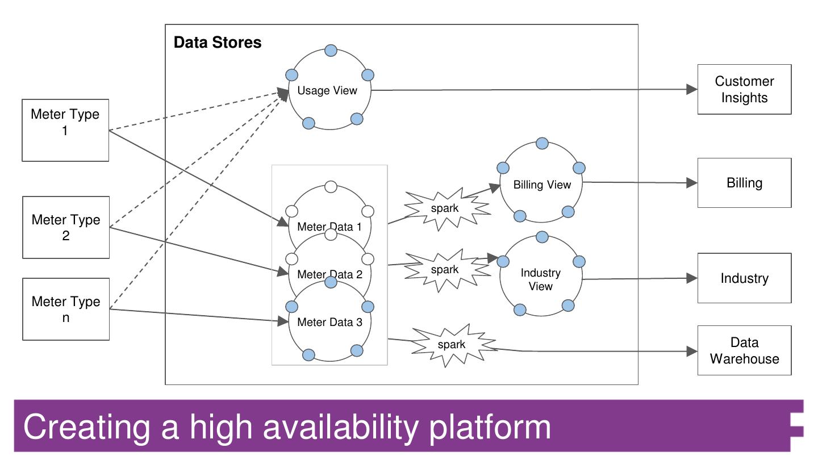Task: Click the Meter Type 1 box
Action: [65, 130]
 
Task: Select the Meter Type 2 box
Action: [66, 227]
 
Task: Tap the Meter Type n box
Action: [66, 309]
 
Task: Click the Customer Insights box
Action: [744, 90]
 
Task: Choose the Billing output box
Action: [744, 183]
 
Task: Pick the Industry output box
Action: [744, 278]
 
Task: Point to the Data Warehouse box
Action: [744, 350]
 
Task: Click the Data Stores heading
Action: [218, 43]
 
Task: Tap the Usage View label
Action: [327, 91]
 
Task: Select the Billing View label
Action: [542, 185]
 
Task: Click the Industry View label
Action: [541, 279]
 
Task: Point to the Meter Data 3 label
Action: [329, 323]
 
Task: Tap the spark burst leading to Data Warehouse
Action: [452, 345]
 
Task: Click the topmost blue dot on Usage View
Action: [331, 51]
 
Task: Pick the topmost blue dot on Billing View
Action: [542, 143]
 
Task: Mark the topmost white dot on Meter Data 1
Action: [331, 187]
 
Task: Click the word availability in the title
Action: [339, 427]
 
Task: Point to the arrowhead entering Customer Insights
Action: [691, 89]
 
